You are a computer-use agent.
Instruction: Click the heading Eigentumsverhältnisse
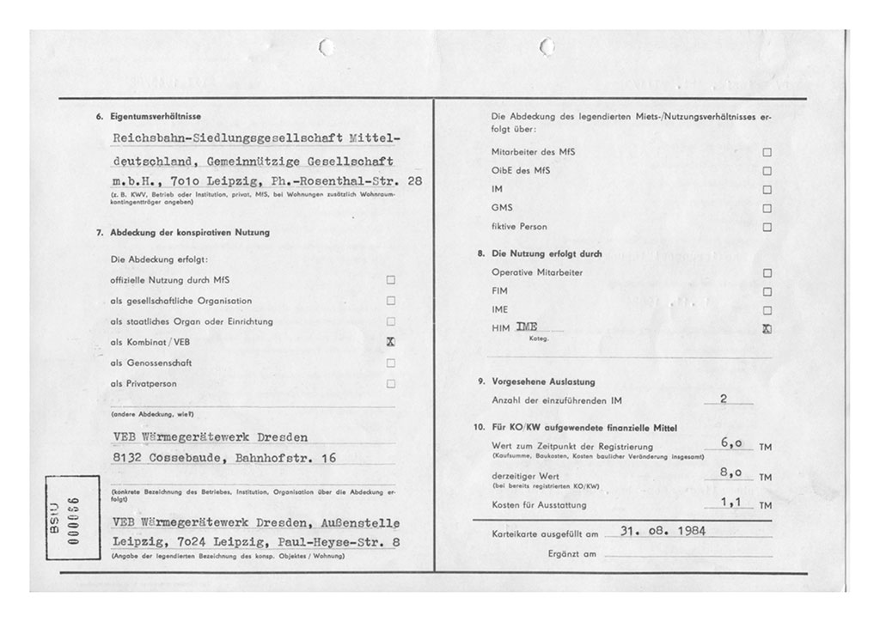click(x=156, y=116)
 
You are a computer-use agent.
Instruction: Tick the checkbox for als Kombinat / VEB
click(x=391, y=342)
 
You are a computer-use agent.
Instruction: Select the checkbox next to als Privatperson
click(x=391, y=384)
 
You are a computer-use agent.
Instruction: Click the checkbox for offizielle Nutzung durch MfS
click(x=391, y=280)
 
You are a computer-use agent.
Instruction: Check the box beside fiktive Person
click(x=767, y=227)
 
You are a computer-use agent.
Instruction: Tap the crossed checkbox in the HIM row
click(x=767, y=329)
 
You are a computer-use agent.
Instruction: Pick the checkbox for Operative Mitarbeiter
click(x=767, y=273)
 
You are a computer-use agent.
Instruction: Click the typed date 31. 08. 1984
click(x=663, y=530)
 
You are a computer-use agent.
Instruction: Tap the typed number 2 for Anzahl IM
click(x=725, y=399)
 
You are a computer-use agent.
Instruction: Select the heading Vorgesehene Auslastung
click(x=543, y=381)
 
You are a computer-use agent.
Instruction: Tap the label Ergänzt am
click(x=571, y=553)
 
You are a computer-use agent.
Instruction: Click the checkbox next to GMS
click(x=767, y=208)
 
